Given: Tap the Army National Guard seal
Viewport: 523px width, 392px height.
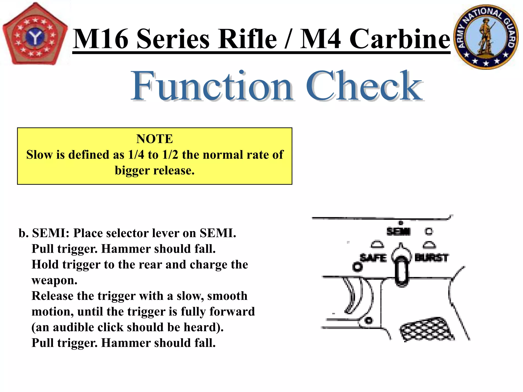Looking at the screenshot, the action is [486, 37].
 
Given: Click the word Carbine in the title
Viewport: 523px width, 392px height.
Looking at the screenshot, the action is [400, 39].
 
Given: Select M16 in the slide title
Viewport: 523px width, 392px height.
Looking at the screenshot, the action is [101, 39].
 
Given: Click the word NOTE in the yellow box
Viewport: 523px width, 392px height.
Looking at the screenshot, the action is [154, 139].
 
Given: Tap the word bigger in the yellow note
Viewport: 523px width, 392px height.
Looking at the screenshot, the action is [132, 170].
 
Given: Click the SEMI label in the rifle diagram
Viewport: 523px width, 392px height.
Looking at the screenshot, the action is [398, 231].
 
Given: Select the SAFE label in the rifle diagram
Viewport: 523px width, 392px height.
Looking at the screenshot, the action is [373, 258].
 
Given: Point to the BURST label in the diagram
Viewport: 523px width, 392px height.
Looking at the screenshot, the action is [431, 258].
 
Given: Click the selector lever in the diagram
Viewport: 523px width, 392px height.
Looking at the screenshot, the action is [401, 268].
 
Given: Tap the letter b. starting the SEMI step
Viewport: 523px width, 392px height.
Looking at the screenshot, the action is [23, 233].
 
